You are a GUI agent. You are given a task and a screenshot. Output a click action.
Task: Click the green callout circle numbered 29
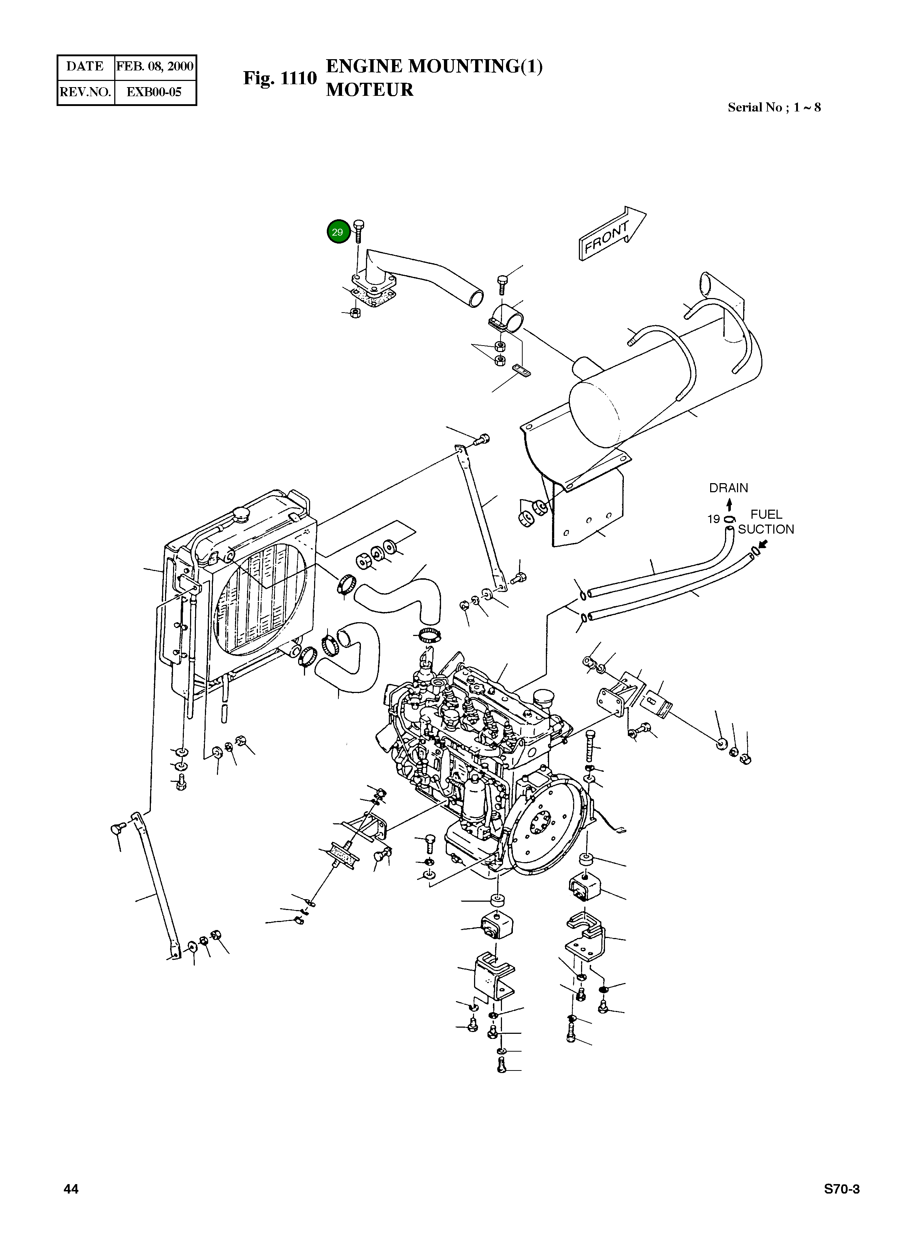click(338, 232)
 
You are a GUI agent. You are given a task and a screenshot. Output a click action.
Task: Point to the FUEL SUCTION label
click(766, 522)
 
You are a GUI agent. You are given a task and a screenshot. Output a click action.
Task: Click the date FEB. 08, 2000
click(155, 66)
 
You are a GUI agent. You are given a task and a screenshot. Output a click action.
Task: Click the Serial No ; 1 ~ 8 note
click(774, 107)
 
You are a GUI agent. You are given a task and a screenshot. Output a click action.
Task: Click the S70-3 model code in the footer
click(841, 1189)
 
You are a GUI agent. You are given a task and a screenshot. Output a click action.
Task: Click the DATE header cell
click(85, 66)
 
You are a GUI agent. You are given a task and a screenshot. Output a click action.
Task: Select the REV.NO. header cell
click(85, 92)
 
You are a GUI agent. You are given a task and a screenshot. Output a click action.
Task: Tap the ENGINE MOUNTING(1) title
click(434, 66)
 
